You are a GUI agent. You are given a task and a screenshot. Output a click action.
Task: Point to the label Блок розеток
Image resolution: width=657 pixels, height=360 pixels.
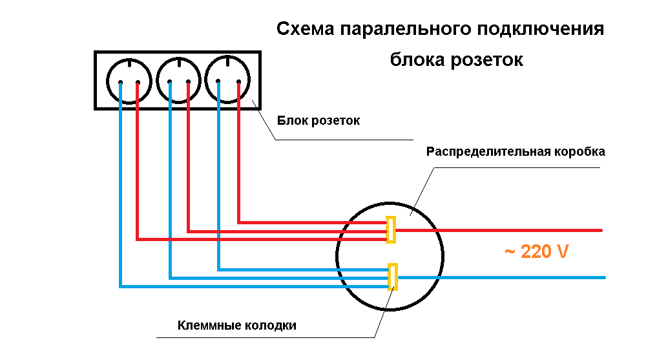tap(318, 121)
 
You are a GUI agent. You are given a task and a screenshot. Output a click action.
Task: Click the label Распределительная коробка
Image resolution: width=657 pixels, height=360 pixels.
tap(516, 153)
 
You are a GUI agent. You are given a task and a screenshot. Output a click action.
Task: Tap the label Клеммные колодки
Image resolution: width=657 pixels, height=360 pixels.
tap(237, 326)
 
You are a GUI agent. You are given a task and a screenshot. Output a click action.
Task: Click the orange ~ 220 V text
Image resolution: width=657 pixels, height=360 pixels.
tap(536, 251)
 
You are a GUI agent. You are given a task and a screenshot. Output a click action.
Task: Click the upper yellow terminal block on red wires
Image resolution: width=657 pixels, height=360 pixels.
tap(391, 229)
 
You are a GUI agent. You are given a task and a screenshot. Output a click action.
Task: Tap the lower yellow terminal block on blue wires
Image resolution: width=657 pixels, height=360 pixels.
tap(392, 277)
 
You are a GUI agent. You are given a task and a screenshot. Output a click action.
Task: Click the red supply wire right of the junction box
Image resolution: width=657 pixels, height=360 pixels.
tap(517, 230)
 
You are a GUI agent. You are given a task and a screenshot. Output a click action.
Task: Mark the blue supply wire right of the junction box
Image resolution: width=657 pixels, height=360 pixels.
tap(517, 278)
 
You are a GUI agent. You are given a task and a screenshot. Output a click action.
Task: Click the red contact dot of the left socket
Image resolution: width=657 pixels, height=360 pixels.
tap(137, 83)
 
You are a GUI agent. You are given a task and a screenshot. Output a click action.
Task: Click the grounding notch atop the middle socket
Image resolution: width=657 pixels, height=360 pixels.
tap(178, 63)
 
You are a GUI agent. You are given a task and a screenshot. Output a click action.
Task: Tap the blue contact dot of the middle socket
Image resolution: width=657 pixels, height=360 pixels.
tap(169, 82)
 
